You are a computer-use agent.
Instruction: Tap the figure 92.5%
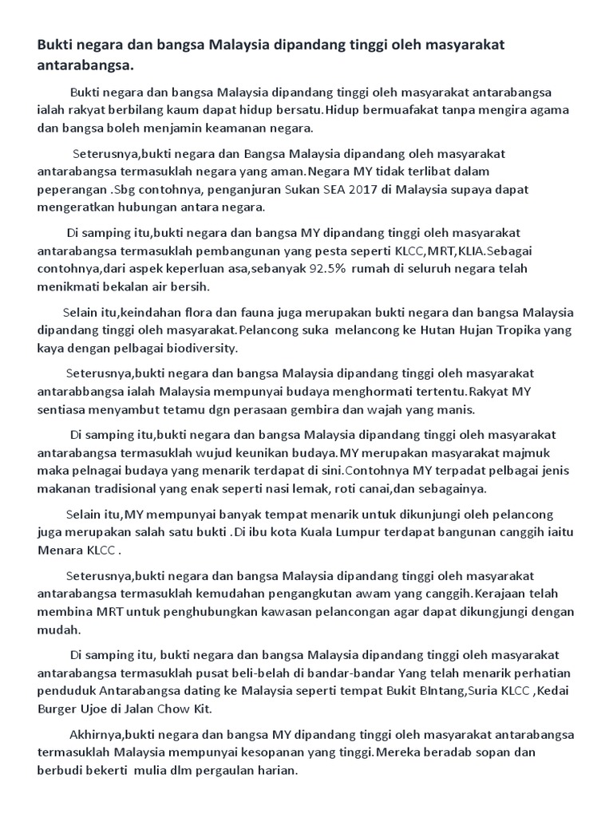(324, 268)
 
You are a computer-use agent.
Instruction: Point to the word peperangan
(73, 190)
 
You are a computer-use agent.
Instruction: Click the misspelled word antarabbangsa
(81, 391)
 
